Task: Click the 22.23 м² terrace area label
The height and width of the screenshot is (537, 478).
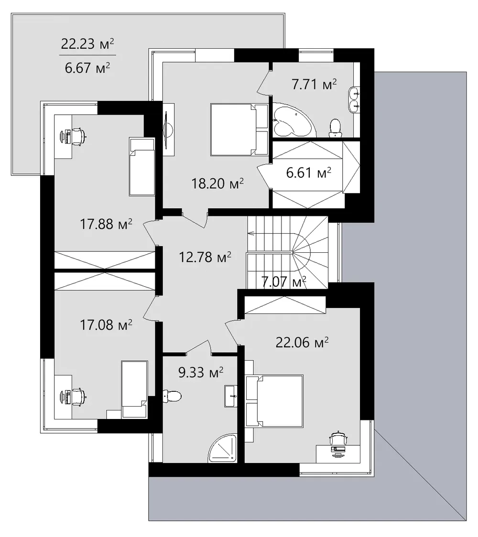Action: pos(87,44)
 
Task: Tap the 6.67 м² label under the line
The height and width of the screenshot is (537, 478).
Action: pos(87,68)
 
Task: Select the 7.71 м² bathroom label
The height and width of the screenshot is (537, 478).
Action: pos(314,84)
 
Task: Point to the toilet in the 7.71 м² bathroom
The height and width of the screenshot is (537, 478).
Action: pos(335,129)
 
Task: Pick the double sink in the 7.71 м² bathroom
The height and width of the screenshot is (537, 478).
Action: pos(354,99)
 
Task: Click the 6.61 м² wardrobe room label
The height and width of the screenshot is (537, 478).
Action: pos(309,172)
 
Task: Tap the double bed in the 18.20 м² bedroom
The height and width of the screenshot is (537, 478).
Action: pos(239,130)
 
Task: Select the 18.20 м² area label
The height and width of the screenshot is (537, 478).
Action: pos(217,183)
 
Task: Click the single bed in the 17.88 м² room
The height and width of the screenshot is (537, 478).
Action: pos(142,166)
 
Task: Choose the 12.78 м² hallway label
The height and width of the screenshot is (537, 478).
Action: pos(205,257)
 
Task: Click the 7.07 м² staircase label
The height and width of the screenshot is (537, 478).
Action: pos(284,282)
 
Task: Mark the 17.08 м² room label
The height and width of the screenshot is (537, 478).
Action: pos(106,324)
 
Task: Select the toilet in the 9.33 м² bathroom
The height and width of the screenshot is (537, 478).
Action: pos(173,397)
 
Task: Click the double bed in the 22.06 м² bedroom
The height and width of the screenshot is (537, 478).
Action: pos(274,401)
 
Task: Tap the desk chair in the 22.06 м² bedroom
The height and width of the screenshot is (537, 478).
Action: pos(339,438)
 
